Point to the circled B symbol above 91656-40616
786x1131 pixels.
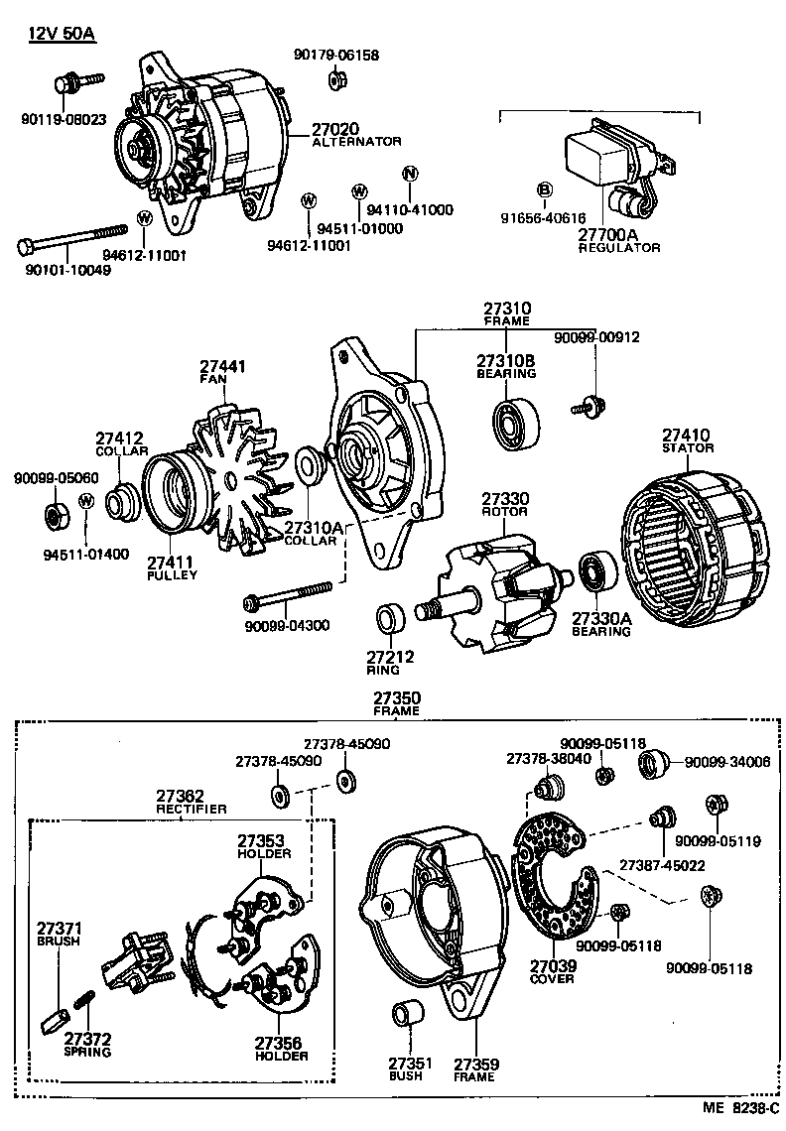(x=544, y=189)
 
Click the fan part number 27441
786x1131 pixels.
(x=223, y=366)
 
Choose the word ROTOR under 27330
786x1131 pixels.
(x=505, y=511)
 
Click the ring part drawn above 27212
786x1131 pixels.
(x=388, y=619)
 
